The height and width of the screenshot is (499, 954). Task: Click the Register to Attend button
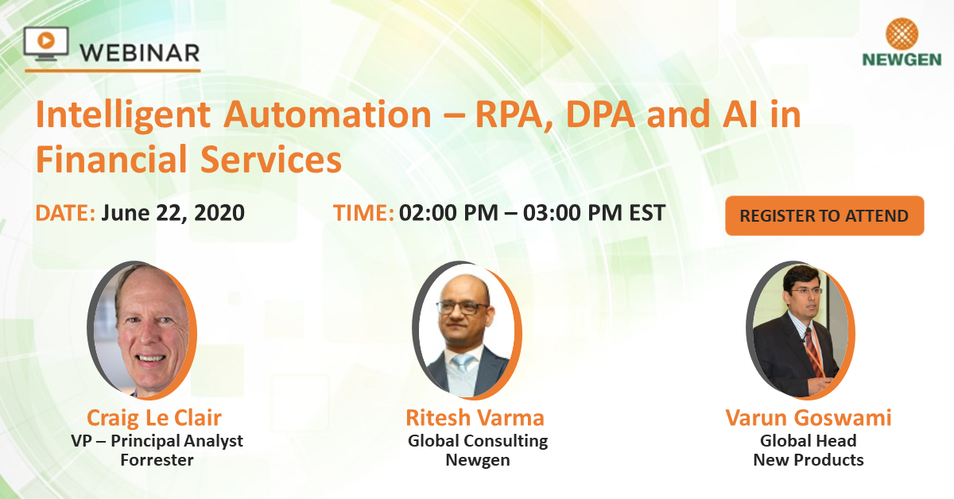pyautogui.click(x=824, y=216)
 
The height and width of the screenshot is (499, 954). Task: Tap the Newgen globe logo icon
pyautogui.click(x=901, y=34)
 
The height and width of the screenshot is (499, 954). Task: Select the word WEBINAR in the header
pyautogui.click(x=140, y=52)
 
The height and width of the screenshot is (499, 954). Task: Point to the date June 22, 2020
pyautogui.click(x=173, y=214)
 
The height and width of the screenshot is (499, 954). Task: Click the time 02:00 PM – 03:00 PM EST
pyautogui.click(x=532, y=214)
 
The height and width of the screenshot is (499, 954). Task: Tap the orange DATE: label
pyautogui.click(x=65, y=214)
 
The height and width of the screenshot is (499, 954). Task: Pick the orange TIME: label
pyautogui.click(x=363, y=214)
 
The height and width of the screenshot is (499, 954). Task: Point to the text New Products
pyautogui.click(x=808, y=459)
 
